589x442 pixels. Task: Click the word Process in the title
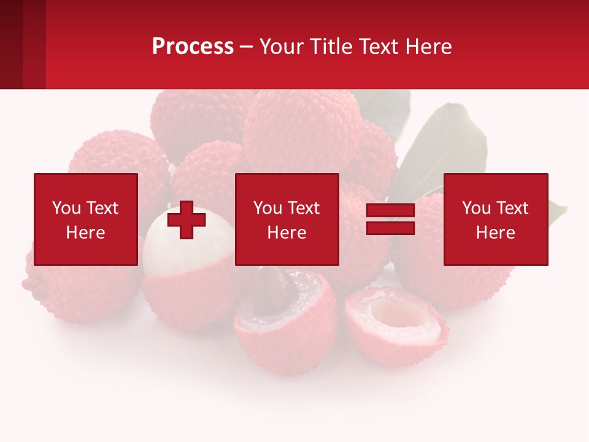point(193,47)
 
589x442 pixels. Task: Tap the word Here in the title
point(428,47)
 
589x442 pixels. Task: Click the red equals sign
point(390,220)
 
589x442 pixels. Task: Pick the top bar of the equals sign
point(390,211)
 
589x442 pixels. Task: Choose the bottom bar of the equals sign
point(390,228)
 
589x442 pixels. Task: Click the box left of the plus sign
point(86,219)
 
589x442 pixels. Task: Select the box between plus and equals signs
point(287,219)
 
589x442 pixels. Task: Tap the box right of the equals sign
point(496,219)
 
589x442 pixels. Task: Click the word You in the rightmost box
point(476,208)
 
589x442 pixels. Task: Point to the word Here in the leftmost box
point(86,233)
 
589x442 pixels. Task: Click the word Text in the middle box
point(304,208)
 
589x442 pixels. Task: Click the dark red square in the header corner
point(11,44)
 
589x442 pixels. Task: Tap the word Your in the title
point(282,47)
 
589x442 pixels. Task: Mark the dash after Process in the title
point(246,47)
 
